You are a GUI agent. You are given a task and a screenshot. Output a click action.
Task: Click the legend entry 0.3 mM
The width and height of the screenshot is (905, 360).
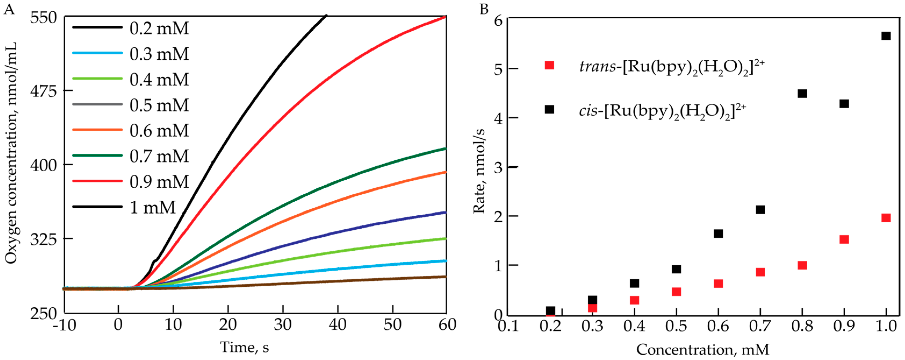tap(159, 54)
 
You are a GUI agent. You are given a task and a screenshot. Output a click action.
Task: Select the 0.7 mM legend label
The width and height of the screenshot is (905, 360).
tap(159, 156)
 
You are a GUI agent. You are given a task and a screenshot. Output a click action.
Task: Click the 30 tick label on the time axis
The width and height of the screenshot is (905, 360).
tap(283, 325)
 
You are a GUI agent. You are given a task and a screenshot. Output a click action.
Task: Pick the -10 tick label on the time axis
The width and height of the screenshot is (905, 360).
tap(64, 325)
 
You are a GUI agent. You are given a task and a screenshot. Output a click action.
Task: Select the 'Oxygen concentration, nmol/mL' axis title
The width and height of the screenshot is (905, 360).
tap(11, 153)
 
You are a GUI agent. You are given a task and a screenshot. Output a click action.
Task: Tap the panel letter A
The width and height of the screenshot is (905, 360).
tap(9, 9)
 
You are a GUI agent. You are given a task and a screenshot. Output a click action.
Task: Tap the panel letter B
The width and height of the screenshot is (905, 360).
tap(484, 9)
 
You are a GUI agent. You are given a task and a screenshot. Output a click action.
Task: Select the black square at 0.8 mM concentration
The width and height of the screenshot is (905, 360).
tap(802, 93)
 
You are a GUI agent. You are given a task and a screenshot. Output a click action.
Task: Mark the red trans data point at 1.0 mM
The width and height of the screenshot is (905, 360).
tap(886, 218)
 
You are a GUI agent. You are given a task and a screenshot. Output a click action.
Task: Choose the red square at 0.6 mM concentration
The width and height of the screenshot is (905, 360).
tap(718, 283)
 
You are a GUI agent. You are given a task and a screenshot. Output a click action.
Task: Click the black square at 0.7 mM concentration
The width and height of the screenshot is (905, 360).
tap(760, 210)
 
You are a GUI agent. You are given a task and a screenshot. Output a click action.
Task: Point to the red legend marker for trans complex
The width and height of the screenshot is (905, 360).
tap(549, 65)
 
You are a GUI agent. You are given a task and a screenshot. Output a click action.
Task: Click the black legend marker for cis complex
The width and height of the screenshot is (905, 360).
tap(549, 109)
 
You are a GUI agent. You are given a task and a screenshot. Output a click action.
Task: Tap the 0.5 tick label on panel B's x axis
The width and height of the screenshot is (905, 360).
tap(676, 326)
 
